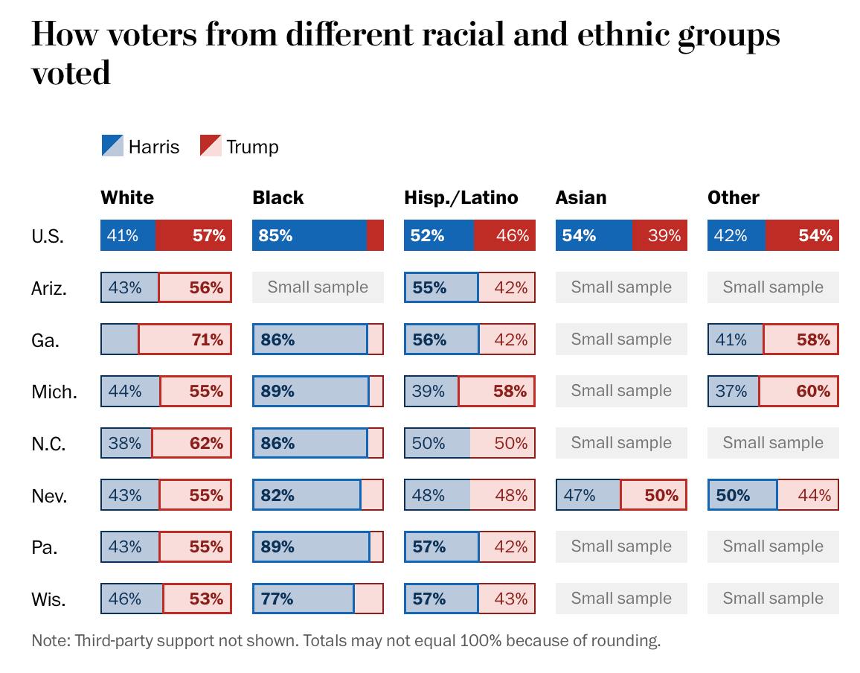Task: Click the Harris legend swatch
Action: pos(112,146)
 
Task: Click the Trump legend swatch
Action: pos(211,146)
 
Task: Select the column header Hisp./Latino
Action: pos(461,197)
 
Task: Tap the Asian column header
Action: pos(581,197)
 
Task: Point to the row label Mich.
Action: pos(54,392)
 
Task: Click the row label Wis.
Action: pos(49,599)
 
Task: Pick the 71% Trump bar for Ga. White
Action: pos(185,339)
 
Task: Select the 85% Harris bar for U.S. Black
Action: pos(309,235)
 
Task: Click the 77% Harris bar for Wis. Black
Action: pos(304,599)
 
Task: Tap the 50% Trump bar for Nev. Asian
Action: pos(652,495)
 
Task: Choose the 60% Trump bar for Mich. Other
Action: pos(798,391)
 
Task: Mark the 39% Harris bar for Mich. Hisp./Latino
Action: pos(431,391)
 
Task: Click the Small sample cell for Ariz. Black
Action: pos(318,287)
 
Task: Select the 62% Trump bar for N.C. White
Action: pos(192,443)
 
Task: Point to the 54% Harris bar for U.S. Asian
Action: pos(594,235)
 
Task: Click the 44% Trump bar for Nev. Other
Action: pos(808,495)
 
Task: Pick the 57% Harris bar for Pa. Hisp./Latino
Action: pos(441,546)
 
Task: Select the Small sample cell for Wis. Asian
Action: pos(621,599)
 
